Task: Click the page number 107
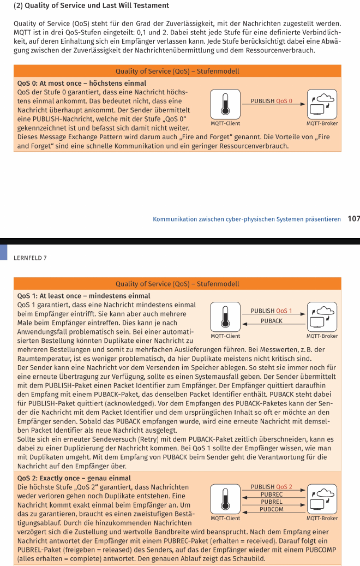353,219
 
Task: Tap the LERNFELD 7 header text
30,257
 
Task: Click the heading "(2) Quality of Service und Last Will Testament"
91,5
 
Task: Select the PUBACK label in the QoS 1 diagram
271,321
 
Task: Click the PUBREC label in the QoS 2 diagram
271,494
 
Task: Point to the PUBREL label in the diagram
271,502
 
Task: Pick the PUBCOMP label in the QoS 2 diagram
271,509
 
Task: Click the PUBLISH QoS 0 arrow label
271,101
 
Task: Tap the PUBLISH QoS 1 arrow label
271,311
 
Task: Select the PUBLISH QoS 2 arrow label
271,486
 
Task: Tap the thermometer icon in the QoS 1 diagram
224,317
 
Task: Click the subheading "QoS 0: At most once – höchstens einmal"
82,83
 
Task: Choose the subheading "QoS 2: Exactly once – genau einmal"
74,478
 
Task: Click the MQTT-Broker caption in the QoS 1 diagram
322,336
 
